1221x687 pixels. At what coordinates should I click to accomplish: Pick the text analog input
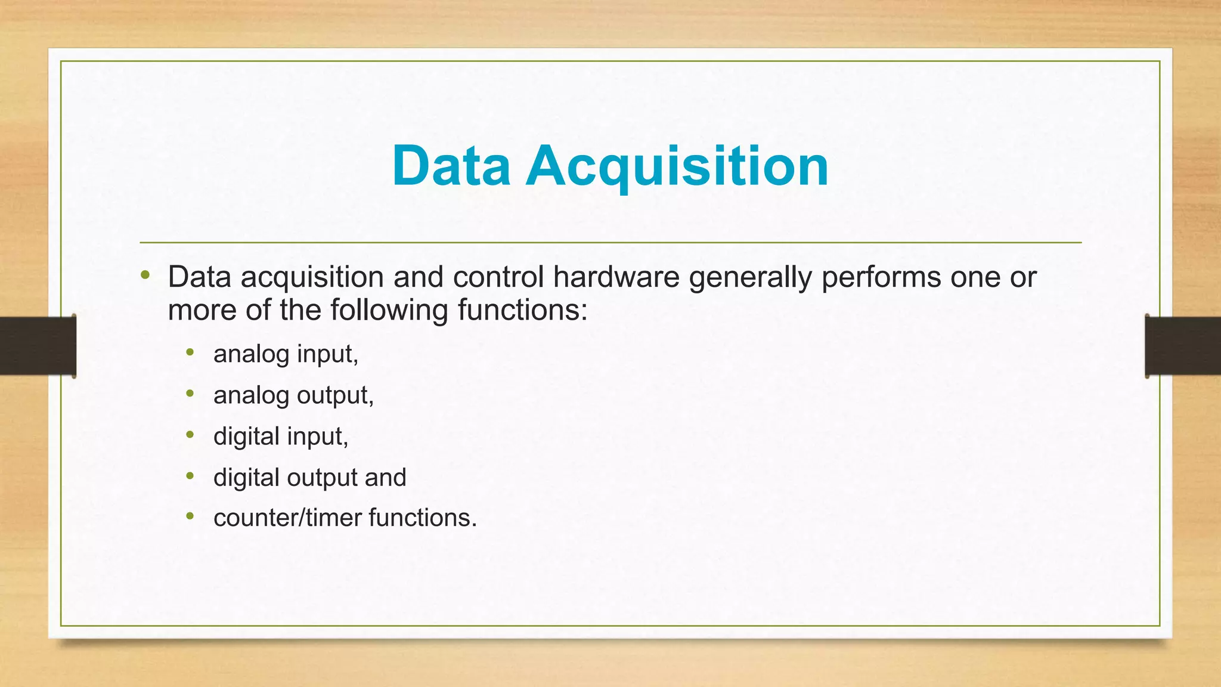click(x=286, y=354)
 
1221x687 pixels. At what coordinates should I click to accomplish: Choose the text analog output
click(x=293, y=395)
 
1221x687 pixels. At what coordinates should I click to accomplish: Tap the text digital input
click(x=280, y=437)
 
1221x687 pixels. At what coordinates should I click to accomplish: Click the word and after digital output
click(x=386, y=477)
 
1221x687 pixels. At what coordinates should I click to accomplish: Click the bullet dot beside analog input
click(x=190, y=352)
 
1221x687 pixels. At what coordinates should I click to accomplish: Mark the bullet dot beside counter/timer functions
click(x=190, y=516)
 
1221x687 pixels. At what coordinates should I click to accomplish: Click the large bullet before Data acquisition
click(x=145, y=275)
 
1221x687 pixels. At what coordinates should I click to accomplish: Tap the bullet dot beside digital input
click(x=190, y=435)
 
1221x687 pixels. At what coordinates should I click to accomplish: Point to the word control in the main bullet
click(x=498, y=277)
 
